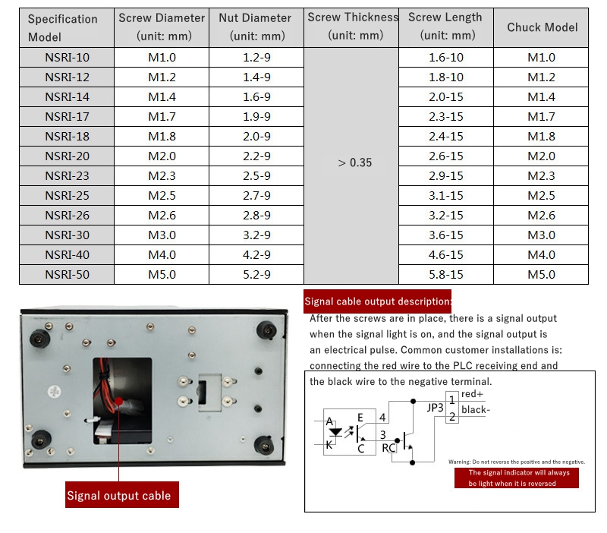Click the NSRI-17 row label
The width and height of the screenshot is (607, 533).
point(67,116)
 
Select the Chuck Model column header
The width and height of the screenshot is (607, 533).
point(542,27)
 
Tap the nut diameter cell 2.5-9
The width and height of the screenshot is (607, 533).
point(256,175)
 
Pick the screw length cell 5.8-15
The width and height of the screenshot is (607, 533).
point(445,274)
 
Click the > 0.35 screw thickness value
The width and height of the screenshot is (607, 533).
point(354,162)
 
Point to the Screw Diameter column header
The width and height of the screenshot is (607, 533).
point(162,27)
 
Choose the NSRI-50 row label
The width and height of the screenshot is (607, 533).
point(67,274)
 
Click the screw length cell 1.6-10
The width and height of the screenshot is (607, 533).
point(445,57)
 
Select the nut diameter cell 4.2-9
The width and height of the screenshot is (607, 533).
point(256,254)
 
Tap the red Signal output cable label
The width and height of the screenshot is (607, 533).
point(119,496)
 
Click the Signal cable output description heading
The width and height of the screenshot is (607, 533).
point(378,301)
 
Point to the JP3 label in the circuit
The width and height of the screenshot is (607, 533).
point(435,407)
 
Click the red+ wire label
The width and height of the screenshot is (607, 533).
point(472,394)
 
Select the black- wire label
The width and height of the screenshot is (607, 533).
point(475,410)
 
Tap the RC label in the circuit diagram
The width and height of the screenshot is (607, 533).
point(388,448)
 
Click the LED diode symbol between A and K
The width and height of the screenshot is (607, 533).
point(335,432)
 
